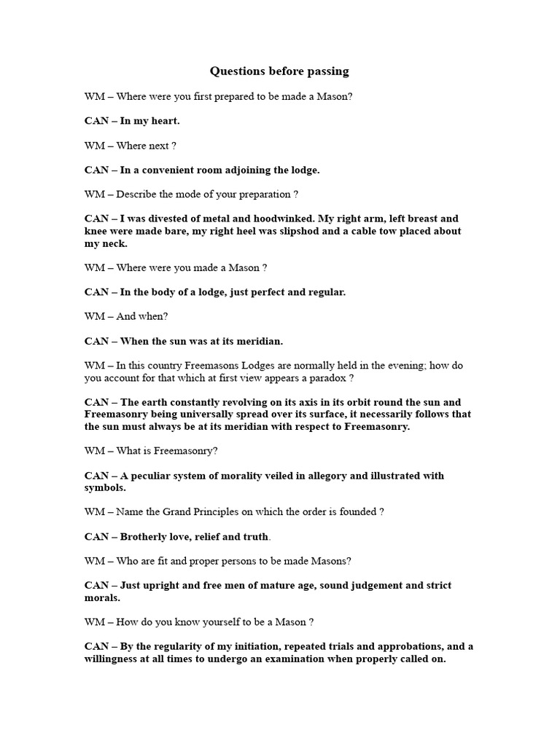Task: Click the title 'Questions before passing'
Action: coord(279,71)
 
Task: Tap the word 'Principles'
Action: coord(214,512)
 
